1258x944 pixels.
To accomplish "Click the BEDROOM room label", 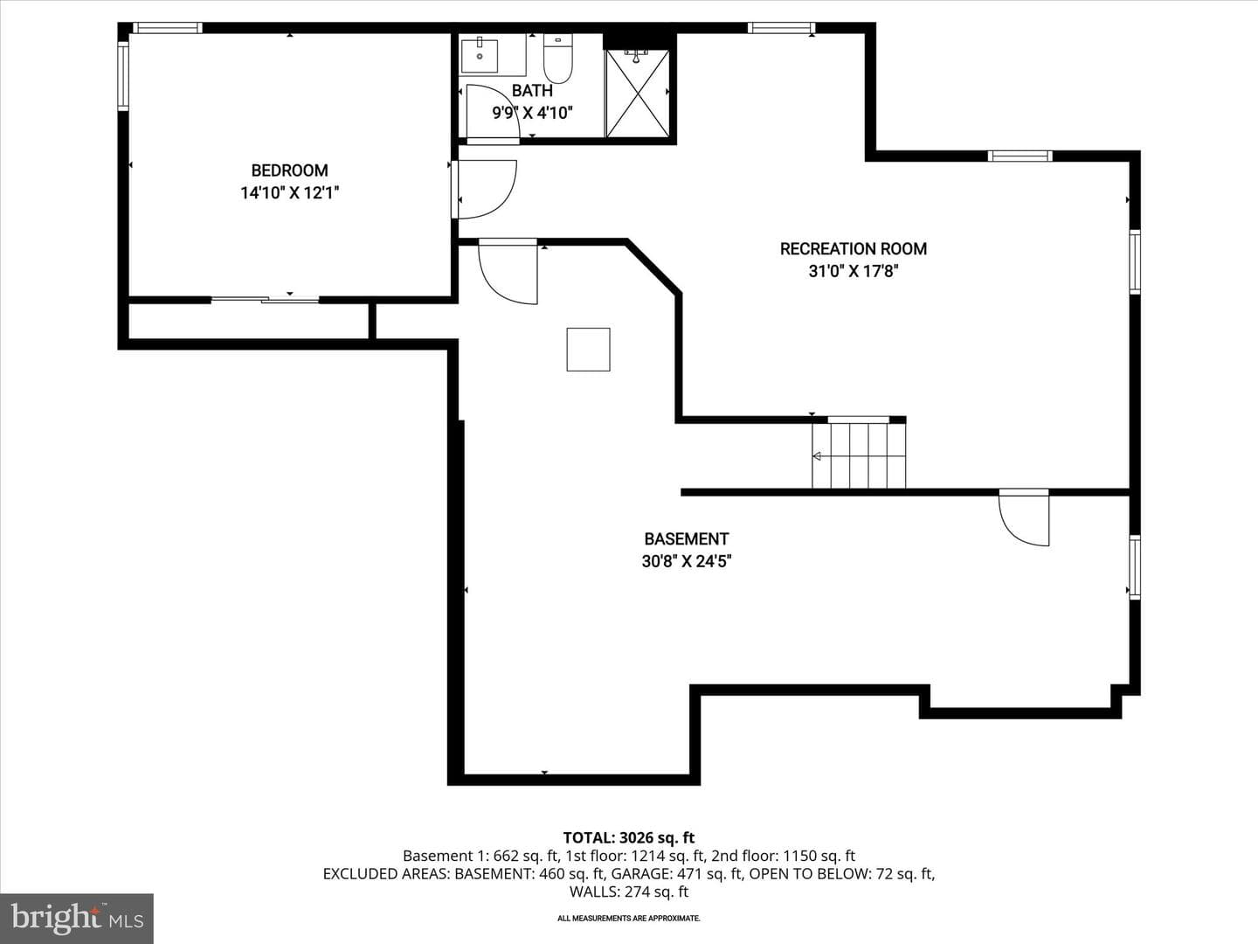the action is click(x=289, y=170).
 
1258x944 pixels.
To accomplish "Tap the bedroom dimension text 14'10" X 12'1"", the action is click(x=289, y=193).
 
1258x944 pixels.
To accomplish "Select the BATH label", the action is click(x=532, y=91).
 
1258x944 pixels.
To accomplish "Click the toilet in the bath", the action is click(x=557, y=59).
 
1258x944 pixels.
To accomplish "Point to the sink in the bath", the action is click(x=480, y=56).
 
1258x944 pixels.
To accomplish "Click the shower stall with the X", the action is click(x=638, y=94).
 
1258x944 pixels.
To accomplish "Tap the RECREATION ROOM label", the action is click(x=853, y=249).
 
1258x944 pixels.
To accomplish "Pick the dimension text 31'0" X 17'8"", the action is click(x=853, y=271).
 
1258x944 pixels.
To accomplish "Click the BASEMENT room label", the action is click(x=686, y=538).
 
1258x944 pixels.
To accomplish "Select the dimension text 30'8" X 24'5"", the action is click(x=686, y=561).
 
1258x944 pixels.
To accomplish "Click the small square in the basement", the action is click(x=588, y=350).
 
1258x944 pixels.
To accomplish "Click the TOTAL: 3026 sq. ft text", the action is click(x=629, y=838).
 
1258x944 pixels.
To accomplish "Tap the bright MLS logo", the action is click(x=77, y=918).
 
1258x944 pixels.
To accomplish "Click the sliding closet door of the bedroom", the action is click(x=265, y=299).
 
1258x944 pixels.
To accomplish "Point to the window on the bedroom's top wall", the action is click(x=168, y=27).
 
